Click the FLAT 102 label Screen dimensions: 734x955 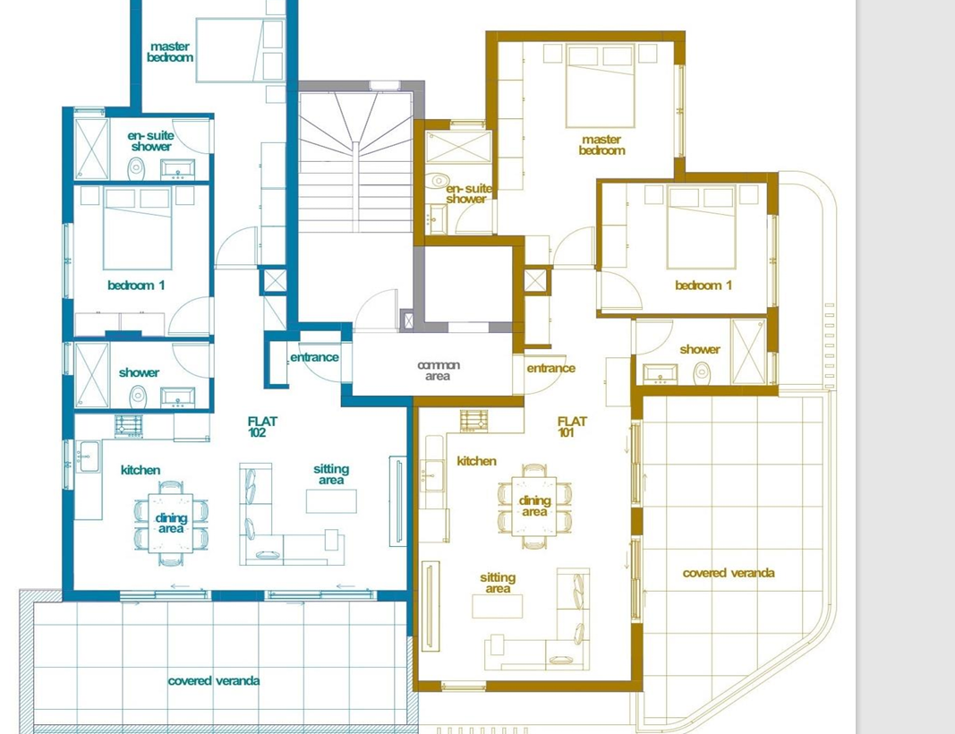[262, 426]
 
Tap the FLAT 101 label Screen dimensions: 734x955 [572, 426]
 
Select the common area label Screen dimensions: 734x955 [439, 371]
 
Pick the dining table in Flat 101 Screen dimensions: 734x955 [534, 506]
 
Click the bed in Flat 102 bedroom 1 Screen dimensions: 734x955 [137, 227]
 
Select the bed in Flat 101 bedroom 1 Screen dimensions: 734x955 [701, 227]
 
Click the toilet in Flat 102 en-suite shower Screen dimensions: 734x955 [136, 167]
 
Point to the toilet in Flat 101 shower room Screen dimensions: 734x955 [702, 372]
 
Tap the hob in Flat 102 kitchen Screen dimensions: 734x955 [129, 426]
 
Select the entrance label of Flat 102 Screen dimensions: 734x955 [314, 357]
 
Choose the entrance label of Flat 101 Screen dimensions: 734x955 [550, 368]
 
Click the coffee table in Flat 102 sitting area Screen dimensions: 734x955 [330, 500]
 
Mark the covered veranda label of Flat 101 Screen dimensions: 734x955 [729, 573]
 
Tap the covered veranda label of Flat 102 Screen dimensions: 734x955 [214, 680]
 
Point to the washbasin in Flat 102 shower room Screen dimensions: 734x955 [176, 397]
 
